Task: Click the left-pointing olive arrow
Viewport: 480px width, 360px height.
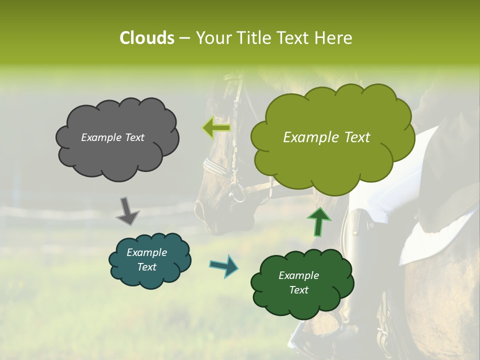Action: point(216,128)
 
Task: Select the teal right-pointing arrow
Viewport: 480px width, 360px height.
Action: point(223,265)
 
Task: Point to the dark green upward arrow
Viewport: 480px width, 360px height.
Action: point(318,222)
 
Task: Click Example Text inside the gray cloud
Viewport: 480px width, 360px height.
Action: point(112,137)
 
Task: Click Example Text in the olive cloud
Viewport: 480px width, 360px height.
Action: point(326,137)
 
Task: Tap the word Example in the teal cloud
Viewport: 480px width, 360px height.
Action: point(146,252)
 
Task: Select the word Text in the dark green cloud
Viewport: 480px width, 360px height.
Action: point(298,290)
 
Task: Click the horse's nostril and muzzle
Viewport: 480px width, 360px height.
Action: point(210,212)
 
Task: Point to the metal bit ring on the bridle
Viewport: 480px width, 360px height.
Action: point(237,192)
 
